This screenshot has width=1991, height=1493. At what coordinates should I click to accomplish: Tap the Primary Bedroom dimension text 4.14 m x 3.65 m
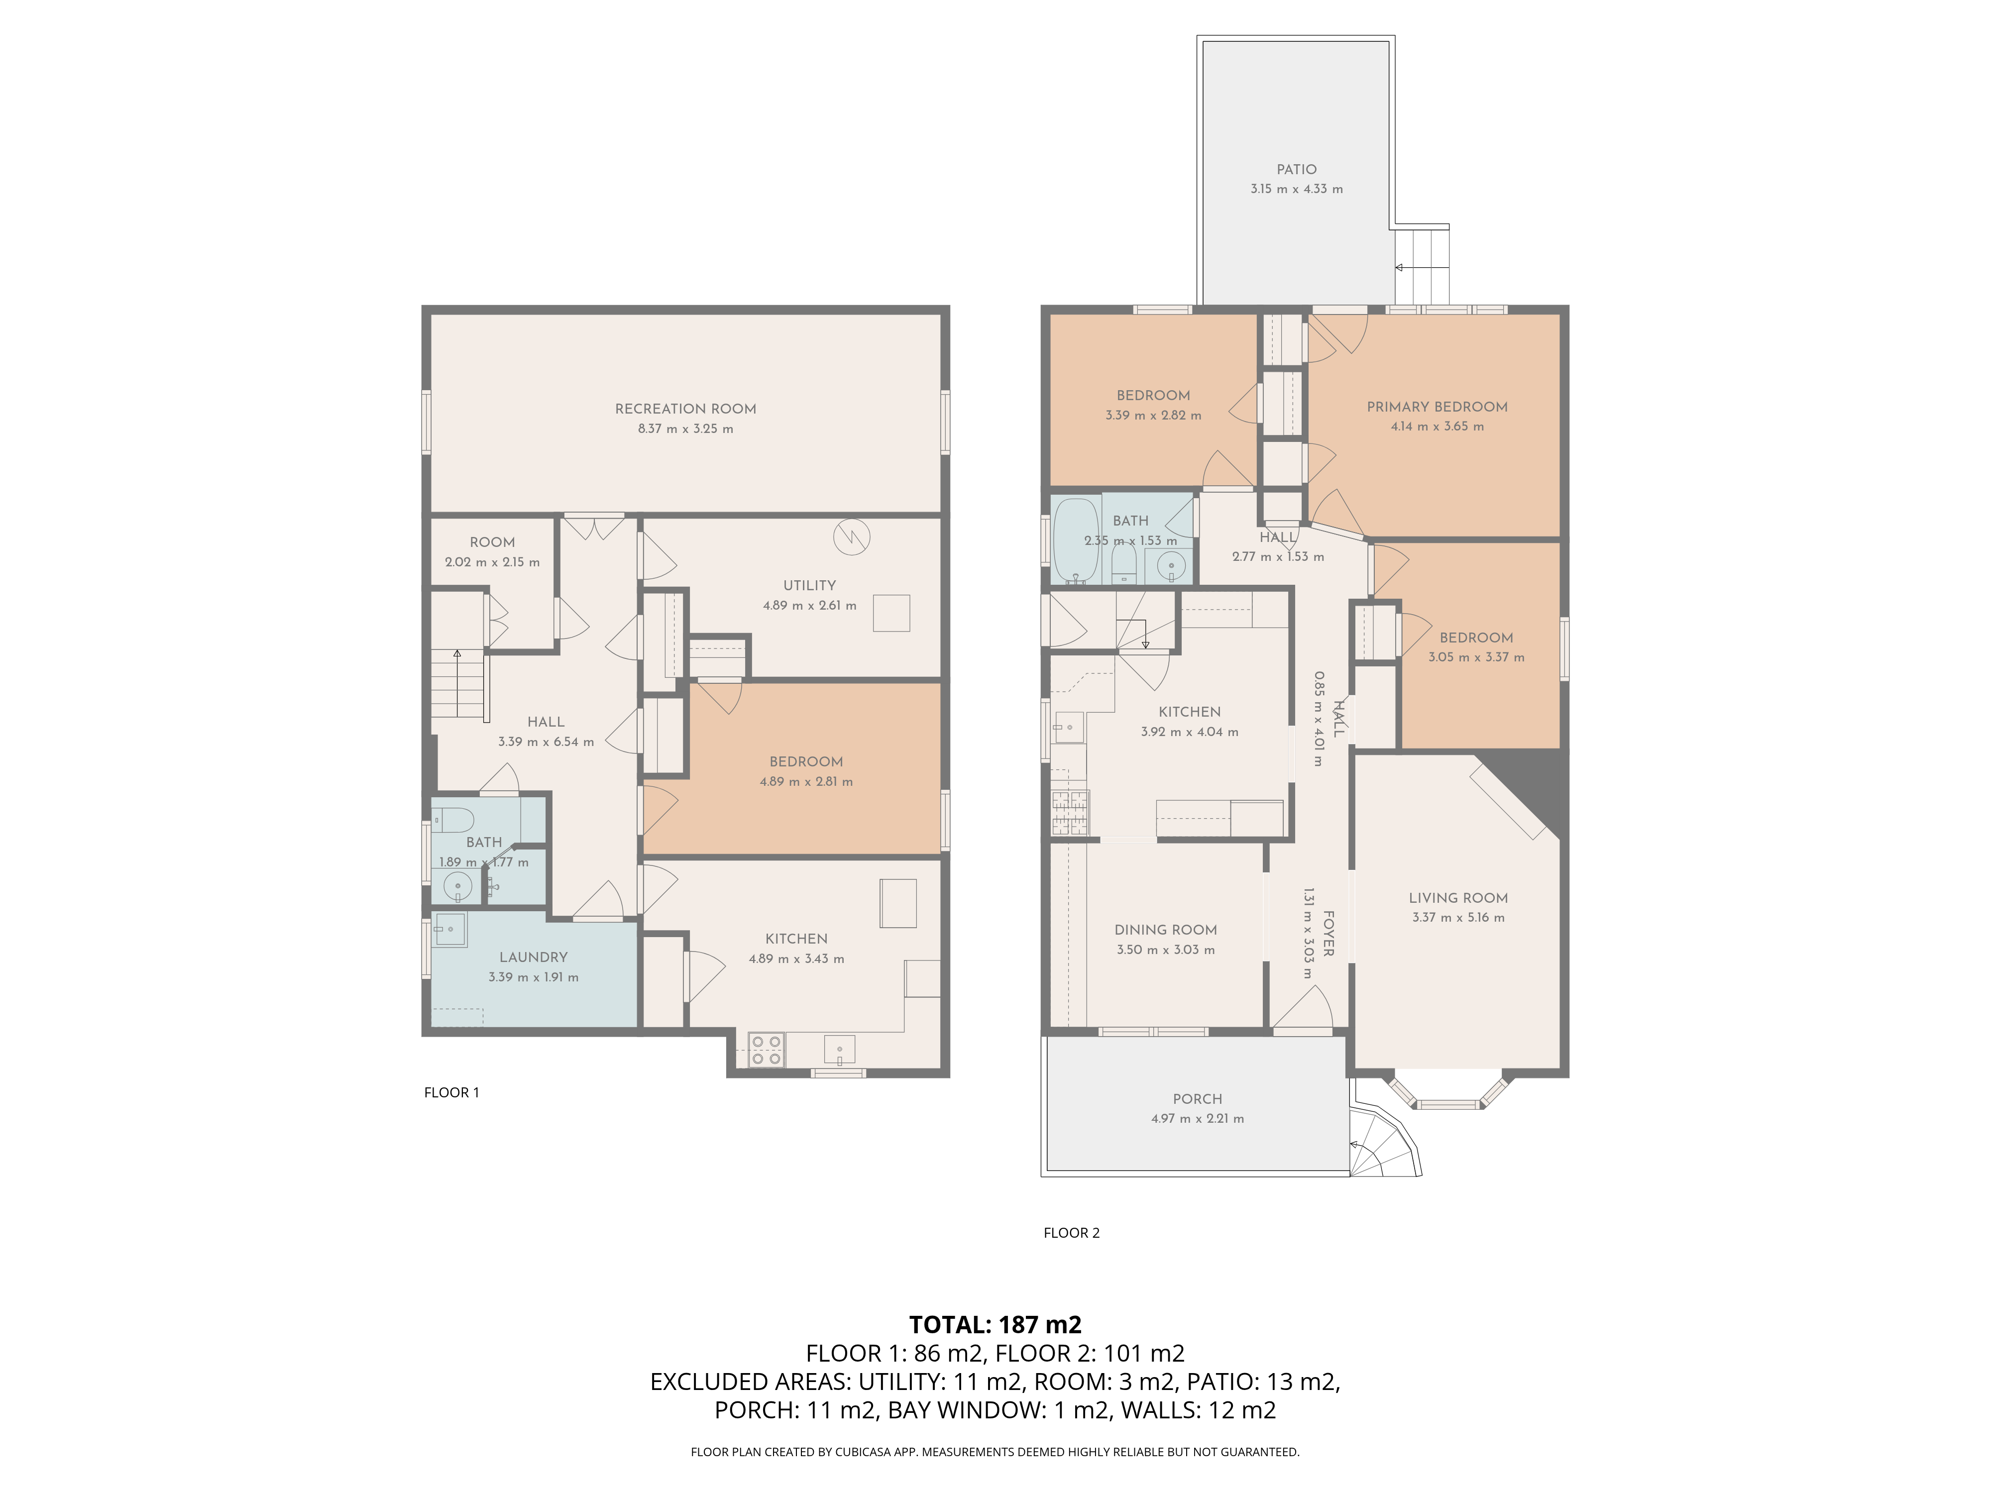pos(1437,427)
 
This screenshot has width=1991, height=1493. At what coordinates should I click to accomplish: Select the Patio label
pos(1296,169)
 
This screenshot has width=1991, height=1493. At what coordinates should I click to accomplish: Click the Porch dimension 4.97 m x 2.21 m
pos(1197,1119)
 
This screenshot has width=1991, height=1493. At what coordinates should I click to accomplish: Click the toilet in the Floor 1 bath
pos(454,819)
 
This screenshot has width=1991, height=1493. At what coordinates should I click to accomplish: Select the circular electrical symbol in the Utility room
pos(852,537)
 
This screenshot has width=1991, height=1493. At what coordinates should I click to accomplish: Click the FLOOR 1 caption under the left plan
pos(452,1092)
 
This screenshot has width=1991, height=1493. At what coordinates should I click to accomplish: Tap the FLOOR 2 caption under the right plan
pos(1071,1233)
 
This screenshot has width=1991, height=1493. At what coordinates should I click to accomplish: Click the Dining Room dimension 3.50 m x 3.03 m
pos(1166,950)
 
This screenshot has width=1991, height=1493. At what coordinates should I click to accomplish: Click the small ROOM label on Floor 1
pos(492,542)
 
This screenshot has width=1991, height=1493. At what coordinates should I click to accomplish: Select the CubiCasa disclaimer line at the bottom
pos(995,1452)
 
